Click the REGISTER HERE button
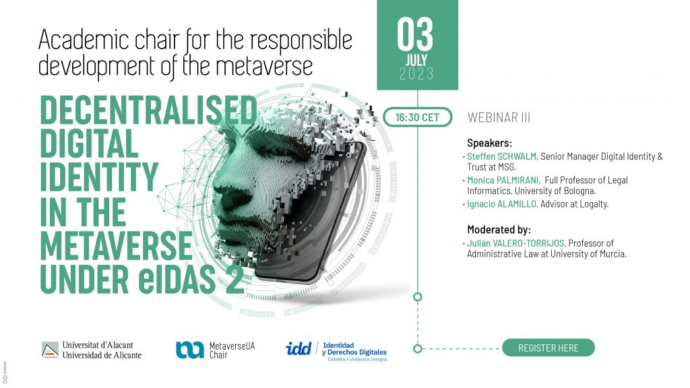(x=548, y=348)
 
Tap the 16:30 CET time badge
(x=417, y=117)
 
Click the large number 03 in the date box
(x=415, y=34)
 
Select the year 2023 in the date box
(x=416, y=73)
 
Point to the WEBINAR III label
(x=499, y=117)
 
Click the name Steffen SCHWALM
(x=502, y=156)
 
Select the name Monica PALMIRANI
(x=503, y=180)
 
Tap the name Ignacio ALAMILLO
(x=502, y=203)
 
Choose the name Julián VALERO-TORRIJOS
(x=516, y=243)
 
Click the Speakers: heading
(x=489, y=143)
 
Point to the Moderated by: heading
(x=499, y=229)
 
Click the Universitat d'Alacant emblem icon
(x=50, y=350)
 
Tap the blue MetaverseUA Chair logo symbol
(x=189, y=350)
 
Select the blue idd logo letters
(x=299, y=349)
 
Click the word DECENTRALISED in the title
(x=148, y=110)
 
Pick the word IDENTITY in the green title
(x=99, y=177)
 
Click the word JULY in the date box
(x=416, y=60)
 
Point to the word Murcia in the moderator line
(x=613, y=254)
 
